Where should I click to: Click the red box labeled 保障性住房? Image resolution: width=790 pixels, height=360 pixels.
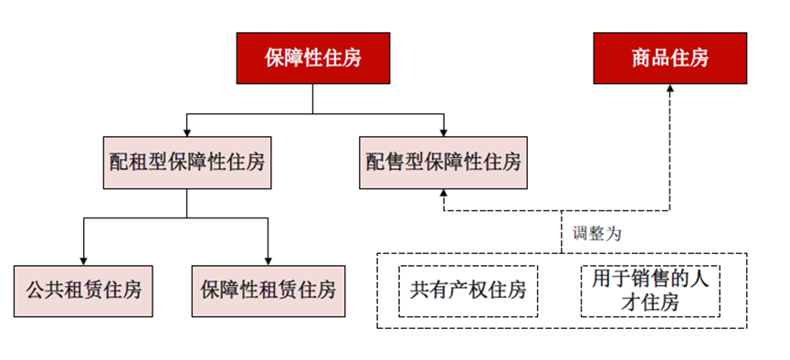(x=312, y=58)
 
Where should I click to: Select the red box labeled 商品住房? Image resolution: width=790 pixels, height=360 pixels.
(x=669, y=58)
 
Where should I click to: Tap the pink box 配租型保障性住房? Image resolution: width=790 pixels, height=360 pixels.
(x=186, y=163)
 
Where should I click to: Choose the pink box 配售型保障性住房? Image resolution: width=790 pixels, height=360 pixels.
(x=443, y=163)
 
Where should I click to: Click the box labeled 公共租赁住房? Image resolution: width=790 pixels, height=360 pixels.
(x=84, y=291)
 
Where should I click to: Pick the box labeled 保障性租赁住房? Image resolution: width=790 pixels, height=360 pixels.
(x=269, y=291)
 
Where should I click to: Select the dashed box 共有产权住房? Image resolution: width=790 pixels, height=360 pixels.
(x=469, y=291)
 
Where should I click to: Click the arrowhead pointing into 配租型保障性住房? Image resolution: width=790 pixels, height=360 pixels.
(x=186, y=132)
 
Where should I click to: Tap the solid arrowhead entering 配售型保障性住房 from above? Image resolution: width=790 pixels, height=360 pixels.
(x=443, y=132)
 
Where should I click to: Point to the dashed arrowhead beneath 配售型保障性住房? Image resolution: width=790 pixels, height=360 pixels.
(x=443, y=195)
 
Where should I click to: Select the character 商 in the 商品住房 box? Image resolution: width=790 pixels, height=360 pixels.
(x=639, y=58)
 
